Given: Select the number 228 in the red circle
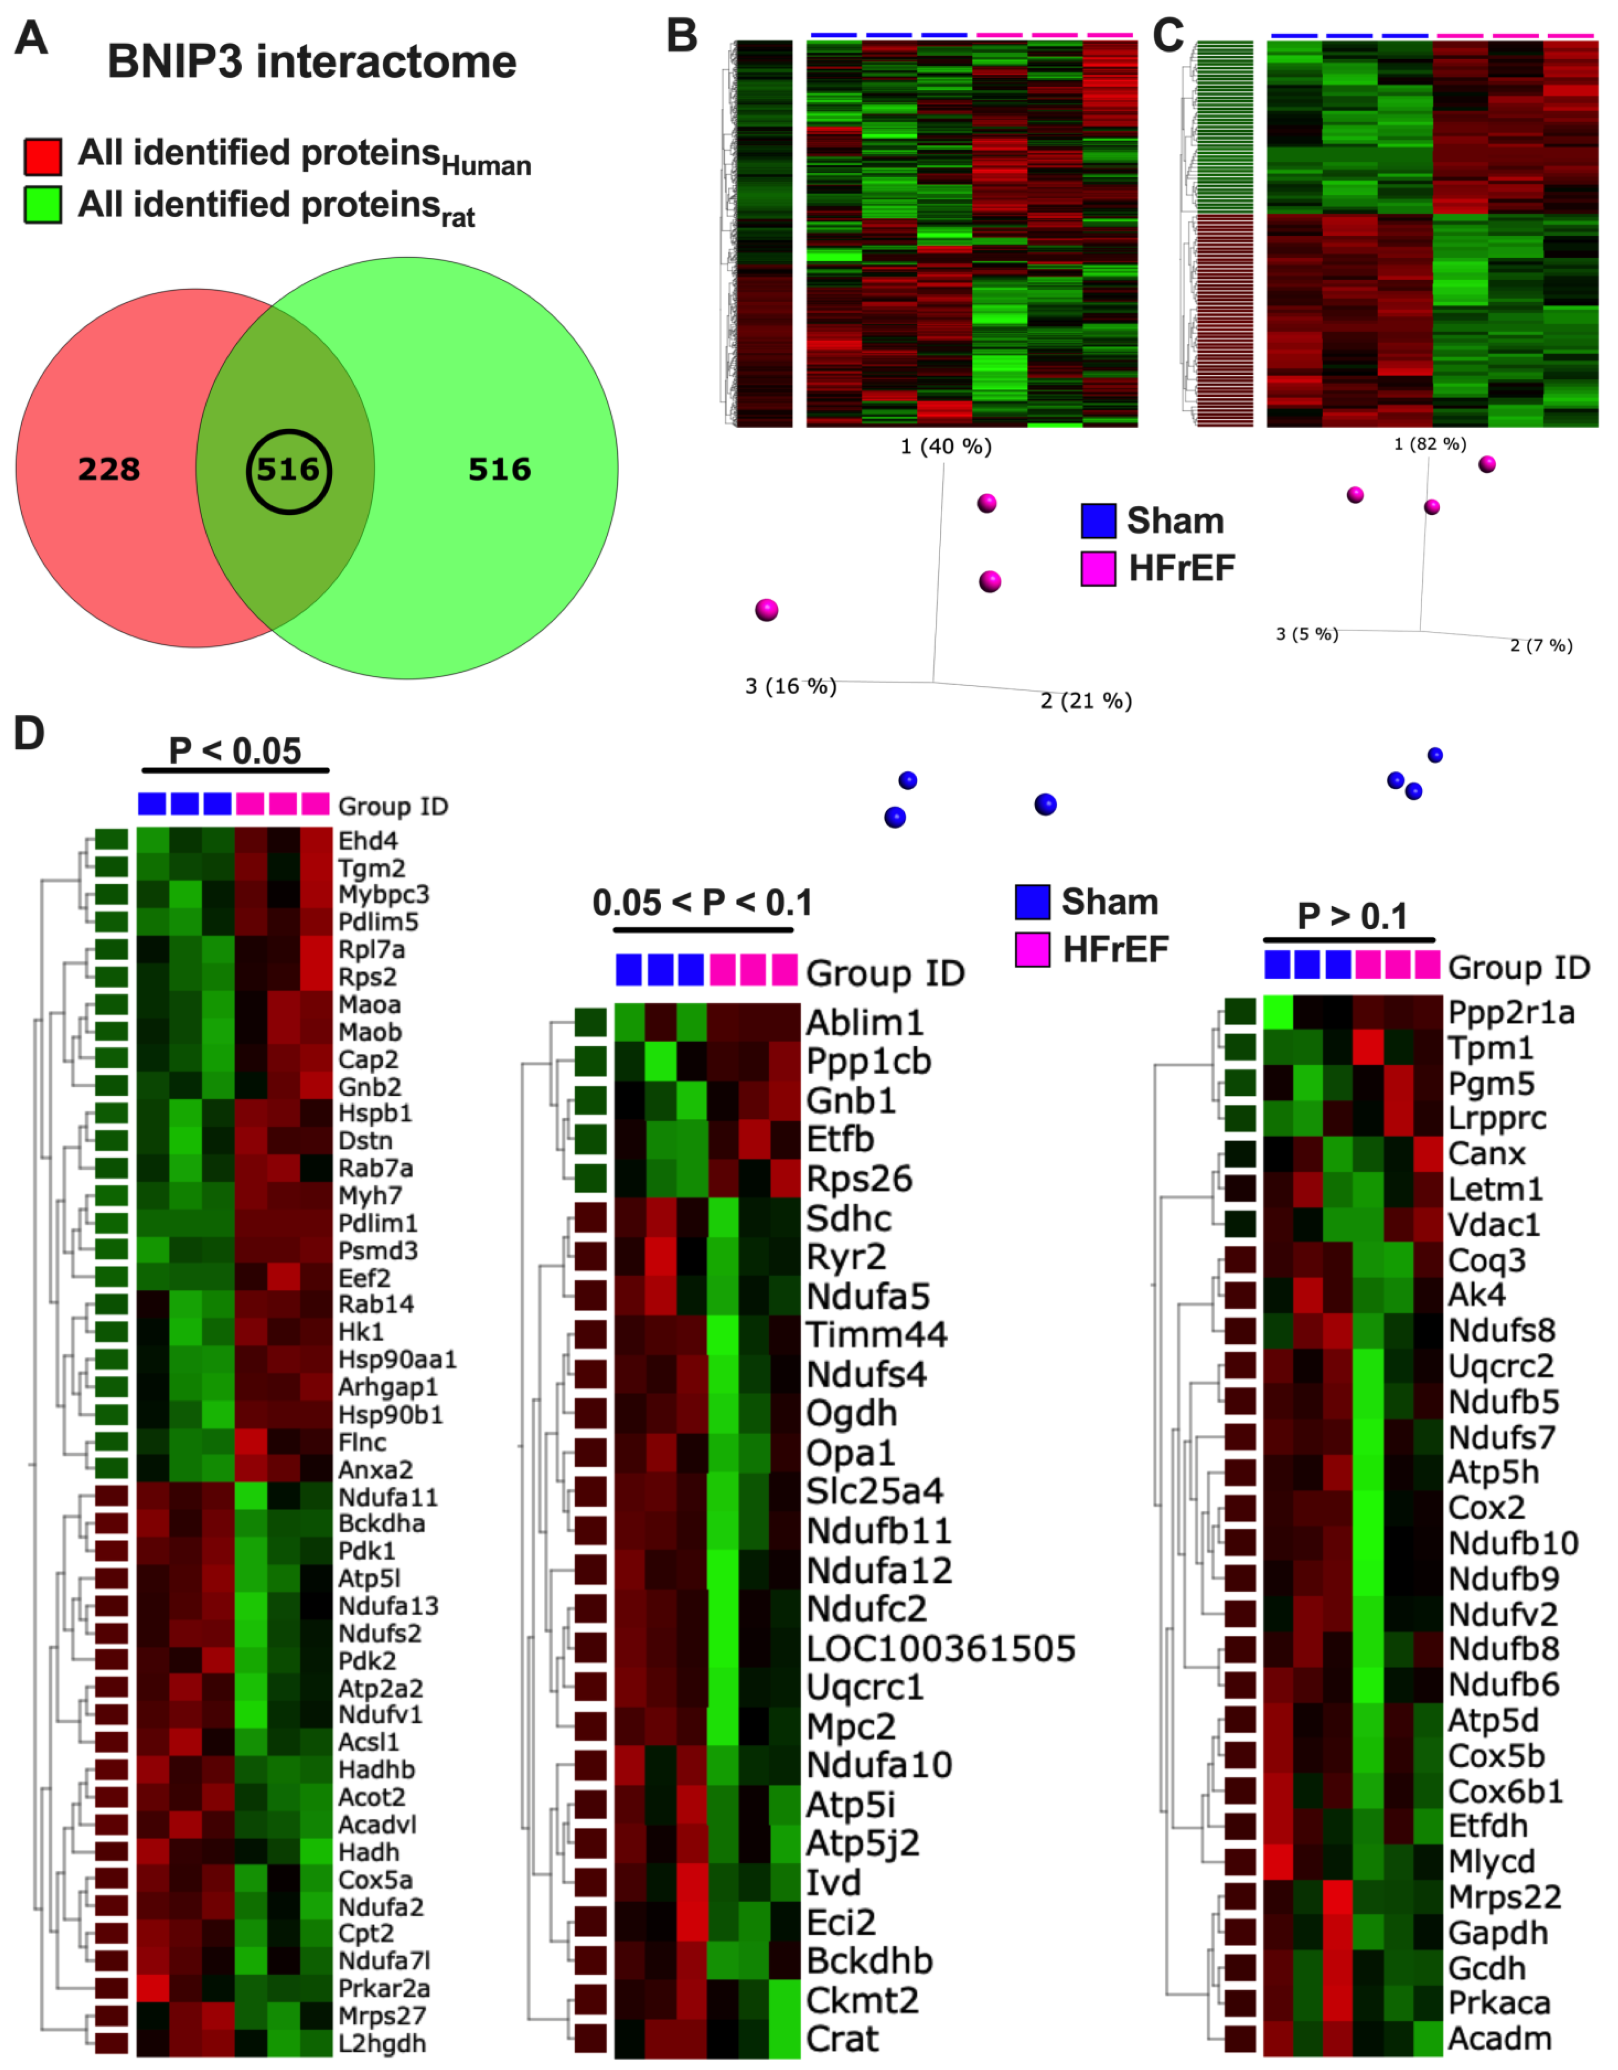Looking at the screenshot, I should click(x=109, y=469).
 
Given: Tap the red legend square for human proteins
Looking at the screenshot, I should click(x=43, y=156).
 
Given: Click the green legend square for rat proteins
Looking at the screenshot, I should click(x=43, y=205).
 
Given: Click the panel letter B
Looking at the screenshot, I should click(x=682, y=36).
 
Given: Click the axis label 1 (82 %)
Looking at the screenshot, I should click(x=1430, y=444).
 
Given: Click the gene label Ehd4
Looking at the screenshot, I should click(x=367, y=841).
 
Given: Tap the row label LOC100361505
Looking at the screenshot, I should click(x=941, y=1649).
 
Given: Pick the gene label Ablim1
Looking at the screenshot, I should click(x=864, y=1023).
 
